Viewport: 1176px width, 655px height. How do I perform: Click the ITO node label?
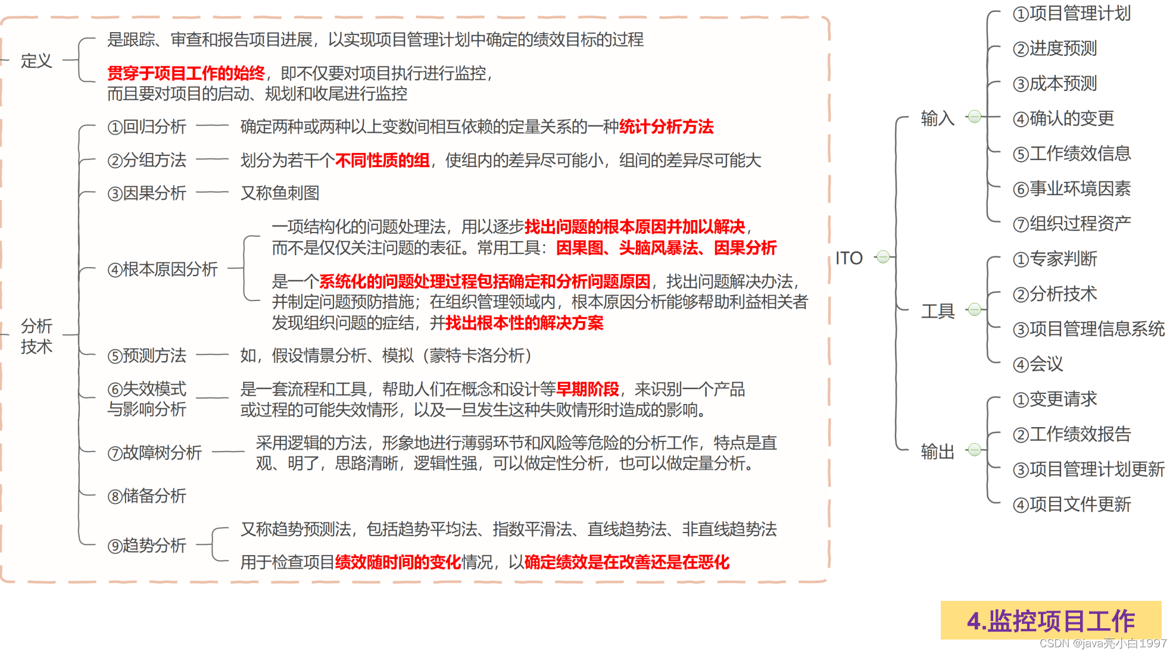pos(849,258)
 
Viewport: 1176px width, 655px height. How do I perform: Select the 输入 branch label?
pos(937,118)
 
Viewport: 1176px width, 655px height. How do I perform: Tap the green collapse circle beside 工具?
pos(974,309)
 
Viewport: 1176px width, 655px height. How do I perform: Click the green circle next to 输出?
pos(974,450)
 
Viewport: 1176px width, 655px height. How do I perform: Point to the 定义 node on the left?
pos(36,61)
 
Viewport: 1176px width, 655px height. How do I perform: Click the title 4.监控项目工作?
pos(1051,621)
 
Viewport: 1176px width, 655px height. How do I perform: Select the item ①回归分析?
pos(146,127)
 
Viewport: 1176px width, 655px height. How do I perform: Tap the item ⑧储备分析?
pos(146,496)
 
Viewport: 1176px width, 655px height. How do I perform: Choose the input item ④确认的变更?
pos(1063,118)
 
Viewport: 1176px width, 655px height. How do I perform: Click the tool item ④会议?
pos(1037,364)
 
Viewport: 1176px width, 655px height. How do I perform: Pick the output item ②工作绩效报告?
pos(1071,434)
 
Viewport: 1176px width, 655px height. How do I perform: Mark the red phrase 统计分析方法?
pos(666,127)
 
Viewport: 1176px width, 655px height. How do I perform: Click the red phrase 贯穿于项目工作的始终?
pos(186,73)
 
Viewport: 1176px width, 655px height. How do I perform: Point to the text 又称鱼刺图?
pos(280,193)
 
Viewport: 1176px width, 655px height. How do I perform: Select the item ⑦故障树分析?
pos(154,453)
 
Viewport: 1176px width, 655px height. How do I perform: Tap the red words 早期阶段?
pos(587,389)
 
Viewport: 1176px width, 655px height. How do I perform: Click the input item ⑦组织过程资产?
pos(1071,224)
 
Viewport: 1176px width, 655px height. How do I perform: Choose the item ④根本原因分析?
pos(163,269)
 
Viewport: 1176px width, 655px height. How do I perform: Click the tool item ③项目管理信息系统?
pos(1088,329)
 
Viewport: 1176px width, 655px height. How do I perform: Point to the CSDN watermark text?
pos(1103,643)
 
